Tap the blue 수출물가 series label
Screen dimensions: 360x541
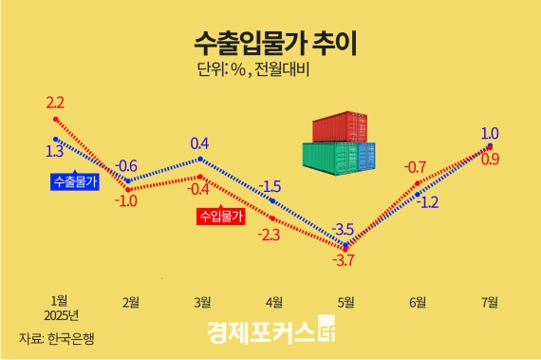pos(75,180)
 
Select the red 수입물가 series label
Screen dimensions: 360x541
pos(220,216)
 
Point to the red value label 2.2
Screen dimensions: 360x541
pos(55,102)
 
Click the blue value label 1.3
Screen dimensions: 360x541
pos(54,150)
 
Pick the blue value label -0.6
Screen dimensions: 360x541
pos(126,164)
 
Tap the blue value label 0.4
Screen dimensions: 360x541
pos(199,144)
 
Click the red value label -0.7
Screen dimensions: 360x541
pos(415,168)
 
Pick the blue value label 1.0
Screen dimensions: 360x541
pos(491,134)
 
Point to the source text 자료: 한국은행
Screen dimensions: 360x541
pos(57,337)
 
